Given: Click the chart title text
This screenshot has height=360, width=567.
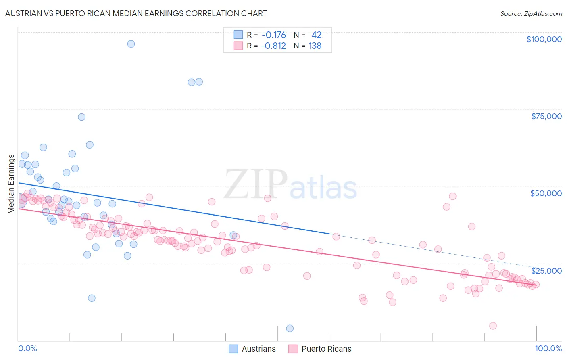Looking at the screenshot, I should [136, 13].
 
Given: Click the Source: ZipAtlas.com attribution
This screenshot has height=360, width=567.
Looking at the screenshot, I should [531, 13].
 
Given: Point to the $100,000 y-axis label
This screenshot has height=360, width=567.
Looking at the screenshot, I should [544, 39].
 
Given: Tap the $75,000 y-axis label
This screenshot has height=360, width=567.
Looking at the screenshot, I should [546, 116].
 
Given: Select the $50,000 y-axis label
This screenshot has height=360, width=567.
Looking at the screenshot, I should [546, 193].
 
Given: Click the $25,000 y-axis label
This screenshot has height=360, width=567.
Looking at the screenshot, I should [546, 270].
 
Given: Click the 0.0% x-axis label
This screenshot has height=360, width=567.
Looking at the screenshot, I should [27, 348].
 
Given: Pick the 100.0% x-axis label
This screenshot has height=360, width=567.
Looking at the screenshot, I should [548, 348].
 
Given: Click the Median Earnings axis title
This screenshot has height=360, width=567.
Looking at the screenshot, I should [11, 184].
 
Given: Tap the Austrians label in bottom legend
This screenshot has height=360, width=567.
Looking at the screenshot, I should [258, 349].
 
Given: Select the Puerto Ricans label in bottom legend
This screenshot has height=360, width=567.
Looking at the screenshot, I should [326, 349].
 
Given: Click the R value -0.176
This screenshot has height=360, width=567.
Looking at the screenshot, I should [273, 35].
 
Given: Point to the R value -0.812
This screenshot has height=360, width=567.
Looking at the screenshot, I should [273, 46].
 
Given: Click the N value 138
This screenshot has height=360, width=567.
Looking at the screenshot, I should [315, 46].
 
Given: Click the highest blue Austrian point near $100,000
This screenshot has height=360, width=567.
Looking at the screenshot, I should [131, 44].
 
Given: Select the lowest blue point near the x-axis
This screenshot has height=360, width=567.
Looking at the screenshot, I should [290, 329].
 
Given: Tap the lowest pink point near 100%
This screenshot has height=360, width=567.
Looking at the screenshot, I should [493, 326].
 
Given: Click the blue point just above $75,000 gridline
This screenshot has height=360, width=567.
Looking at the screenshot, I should [81, 117].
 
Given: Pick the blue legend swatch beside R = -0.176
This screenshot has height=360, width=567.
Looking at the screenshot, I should [238, 35].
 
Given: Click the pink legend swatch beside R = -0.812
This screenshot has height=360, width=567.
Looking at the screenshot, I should [238, 46].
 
